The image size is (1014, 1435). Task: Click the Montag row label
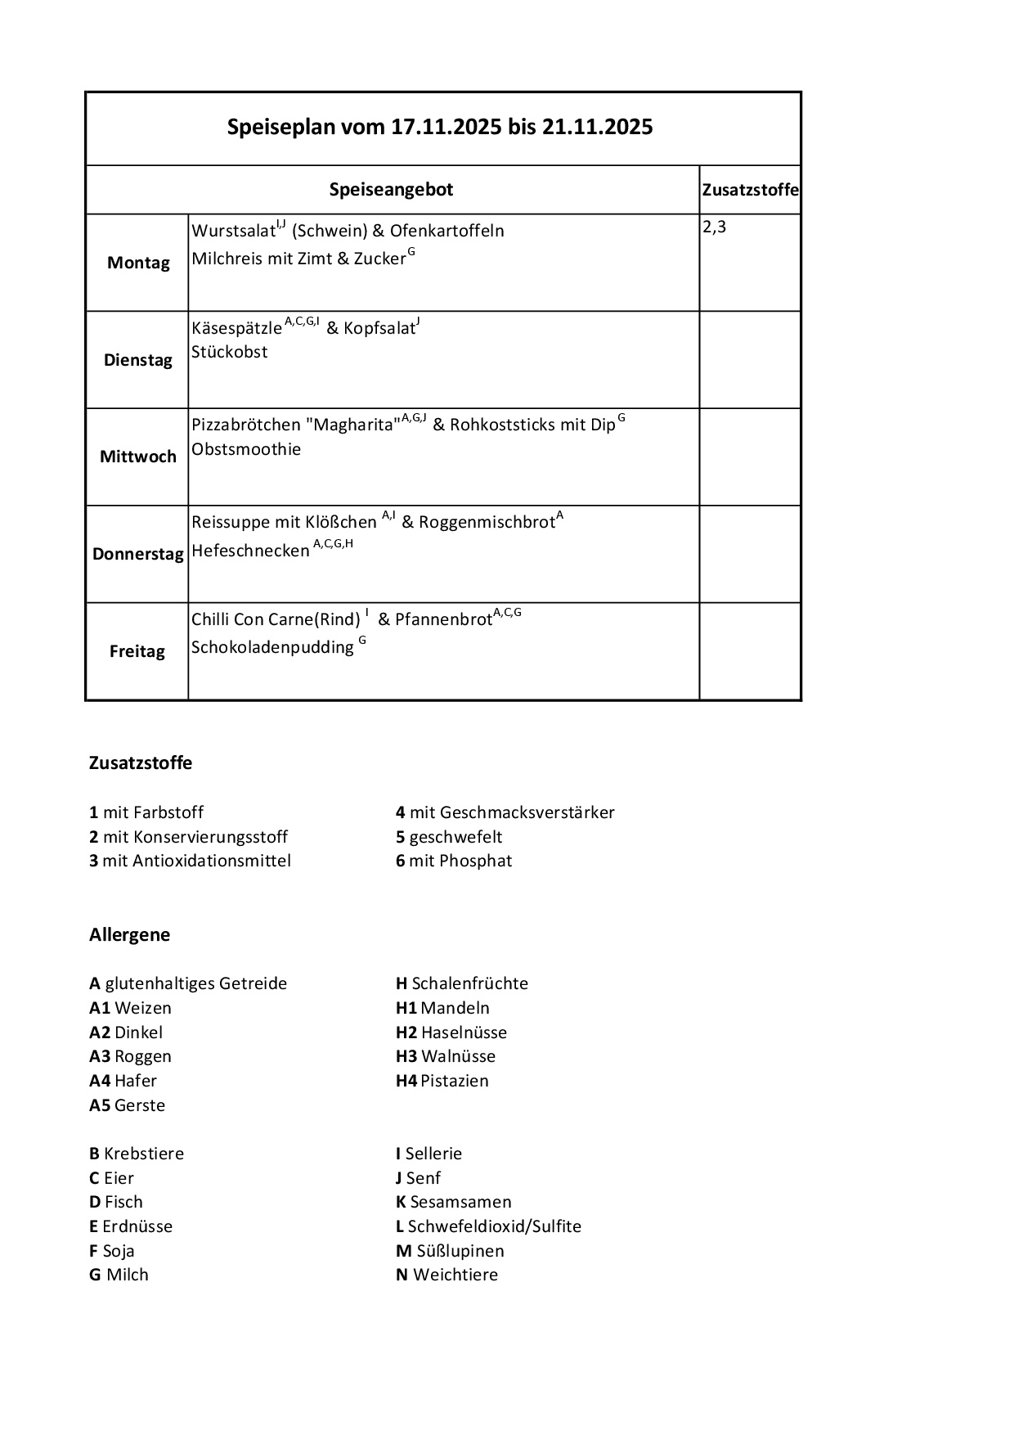(138, 263)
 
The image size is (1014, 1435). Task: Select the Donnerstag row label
(137, 554)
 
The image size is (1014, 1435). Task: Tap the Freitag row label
(137, 651)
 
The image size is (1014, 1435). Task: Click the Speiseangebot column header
(391, 190)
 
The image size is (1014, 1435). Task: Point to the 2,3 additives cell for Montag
(714, 227)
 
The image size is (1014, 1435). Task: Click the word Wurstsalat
(233, 231)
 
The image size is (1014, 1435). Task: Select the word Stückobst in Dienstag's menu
(230, 352)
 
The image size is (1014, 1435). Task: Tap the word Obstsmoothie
(246, 449)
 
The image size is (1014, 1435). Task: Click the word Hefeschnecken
(250, 551)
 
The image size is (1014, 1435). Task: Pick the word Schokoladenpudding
(272, 647)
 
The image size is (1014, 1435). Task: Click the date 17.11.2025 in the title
(446, 127)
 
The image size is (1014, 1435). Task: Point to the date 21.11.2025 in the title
(597, 127)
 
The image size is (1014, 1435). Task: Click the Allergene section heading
(130, 934)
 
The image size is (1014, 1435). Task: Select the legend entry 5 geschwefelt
(449, 837)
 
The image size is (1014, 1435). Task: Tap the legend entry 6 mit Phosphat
(454, 861)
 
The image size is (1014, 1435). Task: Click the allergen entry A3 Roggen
(131, 1056)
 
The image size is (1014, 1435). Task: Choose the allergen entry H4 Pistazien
(442, 1081)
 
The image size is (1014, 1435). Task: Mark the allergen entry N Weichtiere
(446, 1275)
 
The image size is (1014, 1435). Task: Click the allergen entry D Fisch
(116, 1202)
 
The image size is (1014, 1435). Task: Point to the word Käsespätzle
(236, 328)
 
